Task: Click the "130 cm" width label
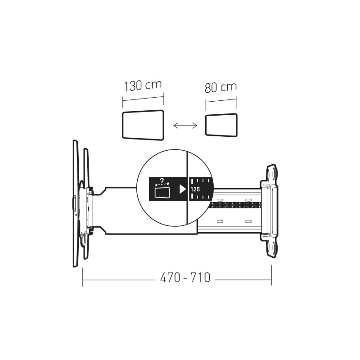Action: pos(143,85)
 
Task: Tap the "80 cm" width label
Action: pos(220,87)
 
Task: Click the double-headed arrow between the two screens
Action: pos(185,126)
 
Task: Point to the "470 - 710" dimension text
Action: pos(185,277)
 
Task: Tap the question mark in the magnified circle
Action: pos(162,181)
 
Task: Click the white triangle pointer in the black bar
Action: pos(183,189)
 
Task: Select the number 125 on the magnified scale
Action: pos(195,189)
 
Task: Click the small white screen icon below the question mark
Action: pos(162,193)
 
